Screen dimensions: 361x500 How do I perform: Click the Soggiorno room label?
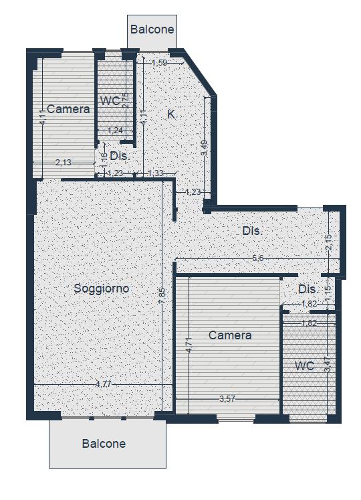pos(102,288)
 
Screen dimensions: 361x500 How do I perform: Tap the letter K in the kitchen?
pos(171,114)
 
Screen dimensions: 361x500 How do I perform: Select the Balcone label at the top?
pos(152,29)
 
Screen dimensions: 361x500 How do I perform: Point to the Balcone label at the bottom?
pos(104,444)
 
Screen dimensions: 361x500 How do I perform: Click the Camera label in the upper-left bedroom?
pos(68,109)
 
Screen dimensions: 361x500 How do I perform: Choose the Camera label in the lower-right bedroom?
pos(230,335)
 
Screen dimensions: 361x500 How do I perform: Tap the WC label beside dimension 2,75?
pos(110,101)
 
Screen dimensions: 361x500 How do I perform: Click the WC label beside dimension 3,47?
pos(305,366)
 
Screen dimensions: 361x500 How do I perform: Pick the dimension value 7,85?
pos(162,296)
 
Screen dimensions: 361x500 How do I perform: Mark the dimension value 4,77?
pos(104,384)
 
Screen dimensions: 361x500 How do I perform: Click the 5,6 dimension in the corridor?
pos(258,258)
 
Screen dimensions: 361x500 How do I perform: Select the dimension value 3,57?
pos(227,399)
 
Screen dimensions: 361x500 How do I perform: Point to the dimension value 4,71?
pos(189,345)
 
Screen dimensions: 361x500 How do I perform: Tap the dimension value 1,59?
pos(159,63)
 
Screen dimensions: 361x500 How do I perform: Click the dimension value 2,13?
pos(64,163)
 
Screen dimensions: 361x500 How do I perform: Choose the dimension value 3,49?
pos(205,149)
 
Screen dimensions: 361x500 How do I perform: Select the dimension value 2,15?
pos(328,242)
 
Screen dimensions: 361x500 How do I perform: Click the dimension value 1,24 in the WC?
pos(116,131)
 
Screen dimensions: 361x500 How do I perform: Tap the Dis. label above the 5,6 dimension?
pos(253,231)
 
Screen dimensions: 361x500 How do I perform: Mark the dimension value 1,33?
pos(156,173)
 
